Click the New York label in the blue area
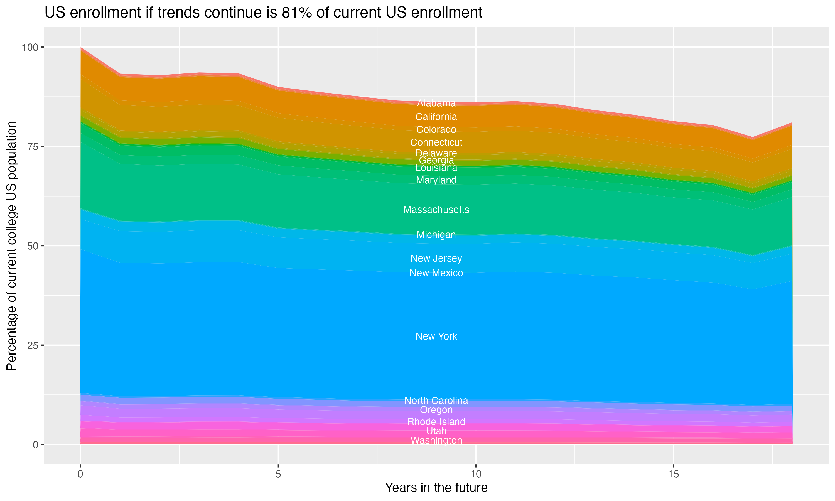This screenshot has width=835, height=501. coord(436,336)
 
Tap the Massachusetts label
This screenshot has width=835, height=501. coord(436,210)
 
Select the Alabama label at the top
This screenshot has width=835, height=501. coord(436,103)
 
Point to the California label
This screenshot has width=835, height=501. coord(436,117)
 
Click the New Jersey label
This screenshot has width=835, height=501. coord(436,258)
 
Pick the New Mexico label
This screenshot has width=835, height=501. coord(436,273)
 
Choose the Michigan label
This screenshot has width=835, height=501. coord(436,235)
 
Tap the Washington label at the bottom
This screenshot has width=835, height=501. coord(436,440)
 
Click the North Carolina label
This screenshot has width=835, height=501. coord(436,401)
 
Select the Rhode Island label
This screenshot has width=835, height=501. coord(436,422)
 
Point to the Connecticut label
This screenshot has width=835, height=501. coord(436,142)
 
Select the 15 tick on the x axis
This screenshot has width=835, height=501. coord(673,474)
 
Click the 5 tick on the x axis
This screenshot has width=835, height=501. coord(278,474)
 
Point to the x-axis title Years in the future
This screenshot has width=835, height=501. coord(436,487)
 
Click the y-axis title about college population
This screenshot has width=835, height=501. coord(11,246)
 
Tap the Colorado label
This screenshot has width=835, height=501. coord(436,130)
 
